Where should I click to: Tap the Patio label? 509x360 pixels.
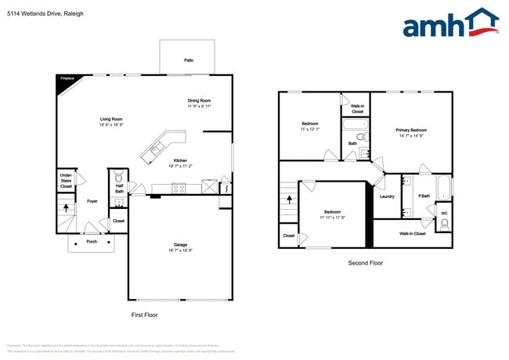[189, 60]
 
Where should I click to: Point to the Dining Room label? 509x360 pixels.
[199, 103]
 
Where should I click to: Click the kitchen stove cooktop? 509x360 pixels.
[179, 187]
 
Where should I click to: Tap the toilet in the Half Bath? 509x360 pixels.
[119, 178]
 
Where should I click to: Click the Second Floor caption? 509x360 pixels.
[366, 263]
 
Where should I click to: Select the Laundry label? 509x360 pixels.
[387, 196]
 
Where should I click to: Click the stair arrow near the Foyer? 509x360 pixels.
[67, 208]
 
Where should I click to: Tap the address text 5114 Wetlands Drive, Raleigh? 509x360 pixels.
[45, 13]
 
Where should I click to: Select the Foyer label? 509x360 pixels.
[92, 201]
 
